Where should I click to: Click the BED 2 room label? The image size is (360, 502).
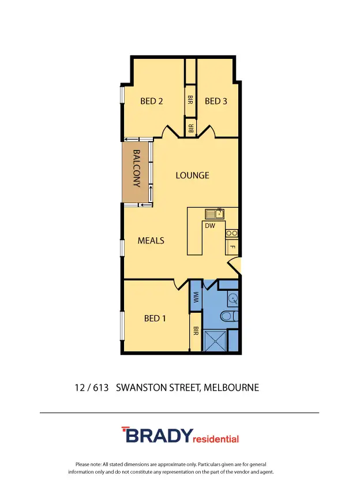(152, 101)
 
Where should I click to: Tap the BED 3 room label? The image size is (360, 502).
(216, 101)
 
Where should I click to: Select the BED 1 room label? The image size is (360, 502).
(155, 318)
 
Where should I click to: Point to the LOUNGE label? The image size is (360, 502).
(192, 175)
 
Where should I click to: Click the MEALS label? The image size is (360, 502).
(151, 241)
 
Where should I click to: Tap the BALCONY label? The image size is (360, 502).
(137, 168)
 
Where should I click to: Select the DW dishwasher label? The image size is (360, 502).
(210, 226)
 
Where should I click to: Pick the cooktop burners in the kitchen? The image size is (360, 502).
(231, 233)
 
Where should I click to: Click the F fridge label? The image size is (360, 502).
(232, 247)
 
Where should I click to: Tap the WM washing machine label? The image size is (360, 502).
(196, 297)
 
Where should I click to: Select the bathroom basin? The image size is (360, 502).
(232, 298)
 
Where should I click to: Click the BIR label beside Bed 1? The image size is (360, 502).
(196, 331)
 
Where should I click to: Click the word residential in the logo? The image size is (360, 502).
(216, 439)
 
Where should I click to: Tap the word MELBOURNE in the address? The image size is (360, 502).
(232, 388)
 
